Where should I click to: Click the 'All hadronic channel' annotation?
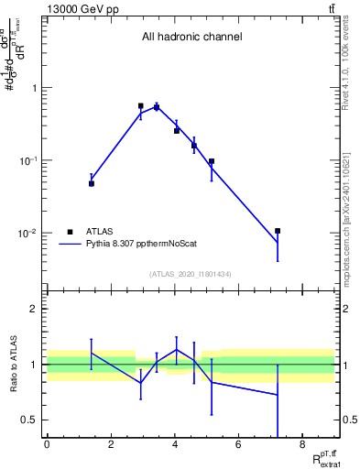tap(191, 38)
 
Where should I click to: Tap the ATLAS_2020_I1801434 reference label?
tap(191, 274)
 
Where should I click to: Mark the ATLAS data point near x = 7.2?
tap(277, 231)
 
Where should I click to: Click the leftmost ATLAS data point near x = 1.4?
tap(92, 183)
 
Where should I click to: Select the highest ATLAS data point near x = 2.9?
tap(140, 106)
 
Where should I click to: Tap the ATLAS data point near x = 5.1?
tap(211, 161)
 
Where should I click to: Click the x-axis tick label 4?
tap(175, 445)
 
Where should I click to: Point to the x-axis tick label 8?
tap(303, 445)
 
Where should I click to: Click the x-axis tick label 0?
tap(47, 445)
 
